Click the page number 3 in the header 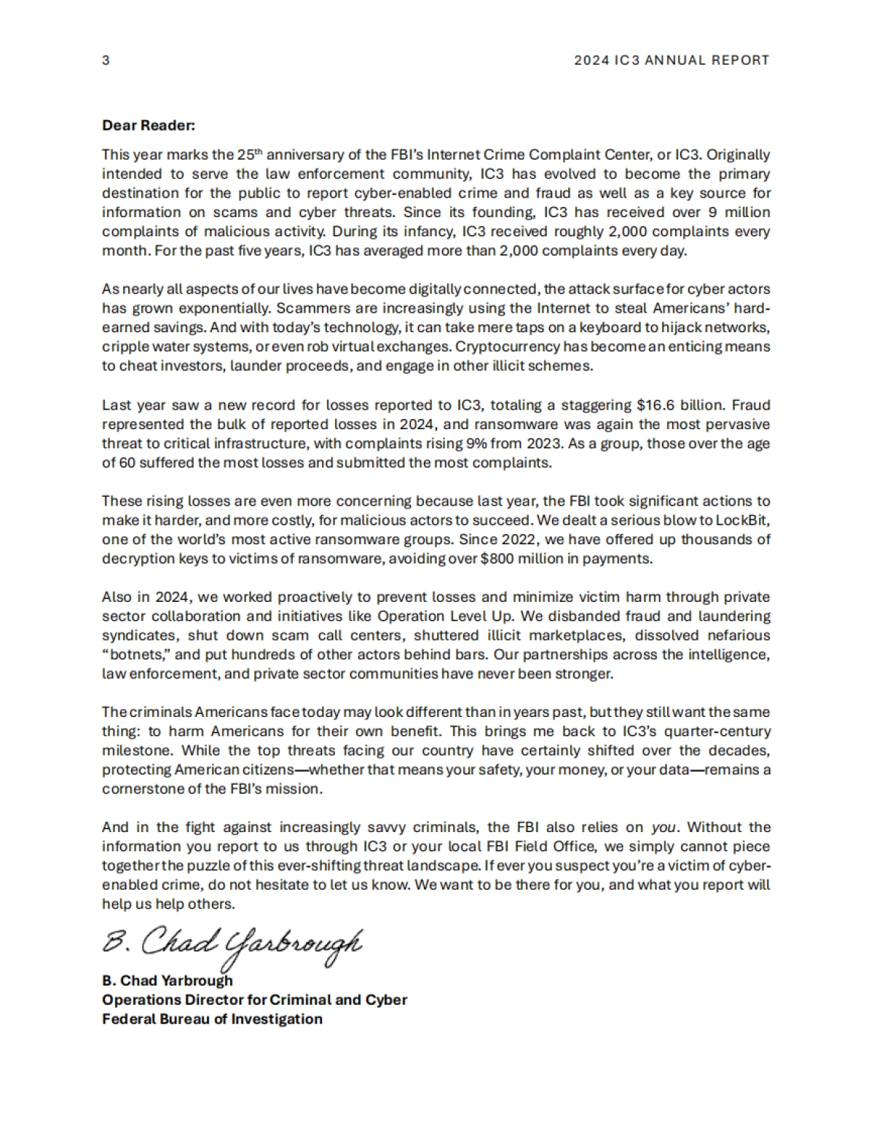[x=106, y=60]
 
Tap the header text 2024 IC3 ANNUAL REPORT [x=672, y=60]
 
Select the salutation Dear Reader [x=149, y=125]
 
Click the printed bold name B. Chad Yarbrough [x=168, y=981]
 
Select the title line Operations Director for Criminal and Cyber [x=254, y=1000]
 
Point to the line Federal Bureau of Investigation [x=212, y=1019]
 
